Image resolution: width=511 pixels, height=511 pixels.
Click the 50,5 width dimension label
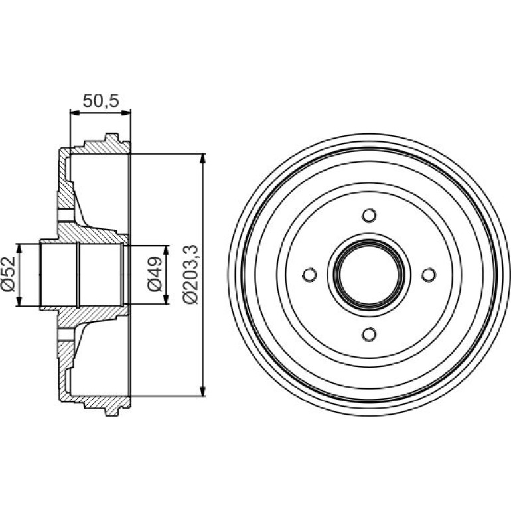pos(101,101)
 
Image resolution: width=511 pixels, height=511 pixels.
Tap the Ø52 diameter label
pos(9,274)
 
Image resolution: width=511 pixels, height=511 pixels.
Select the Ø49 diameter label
pos(155,273)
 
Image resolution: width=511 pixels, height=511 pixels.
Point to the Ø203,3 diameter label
pos(190,274)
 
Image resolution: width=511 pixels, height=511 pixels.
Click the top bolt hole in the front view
pos(369,216)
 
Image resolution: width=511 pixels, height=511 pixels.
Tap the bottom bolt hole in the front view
pos(369,334)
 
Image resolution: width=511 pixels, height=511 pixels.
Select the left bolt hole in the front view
pos(310,275)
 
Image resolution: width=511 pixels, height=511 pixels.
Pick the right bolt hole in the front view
pos(429,275)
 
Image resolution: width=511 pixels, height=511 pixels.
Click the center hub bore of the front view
pos(369,275)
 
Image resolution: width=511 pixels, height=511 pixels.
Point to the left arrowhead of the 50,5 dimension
pos(75,113)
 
